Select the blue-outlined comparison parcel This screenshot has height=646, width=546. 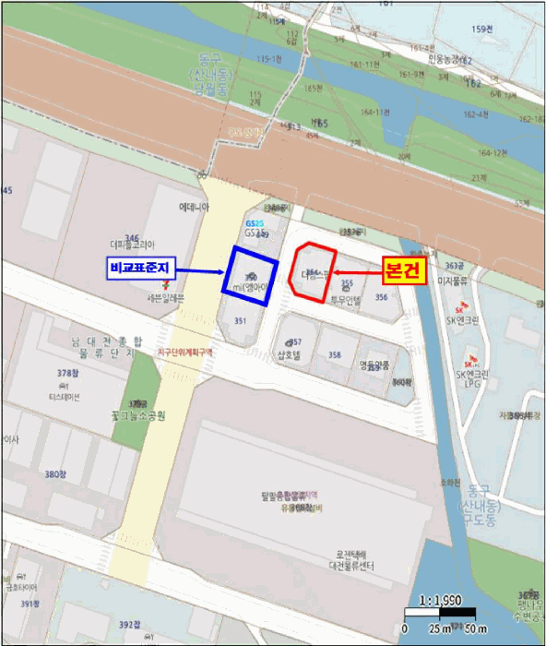tap(249, 272)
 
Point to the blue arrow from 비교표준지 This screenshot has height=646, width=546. tap(197, 270)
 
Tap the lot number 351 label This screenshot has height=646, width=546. tap(240, 320)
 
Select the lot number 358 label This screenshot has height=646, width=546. tap(335, 355)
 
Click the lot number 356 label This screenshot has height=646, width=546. tap(381, 297)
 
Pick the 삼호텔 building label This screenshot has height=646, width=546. tap(289, 355)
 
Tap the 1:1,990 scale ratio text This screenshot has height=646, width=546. tap(440, 601)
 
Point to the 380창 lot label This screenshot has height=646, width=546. tap(57, 473)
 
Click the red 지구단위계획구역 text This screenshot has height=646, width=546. tap(184, 352)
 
